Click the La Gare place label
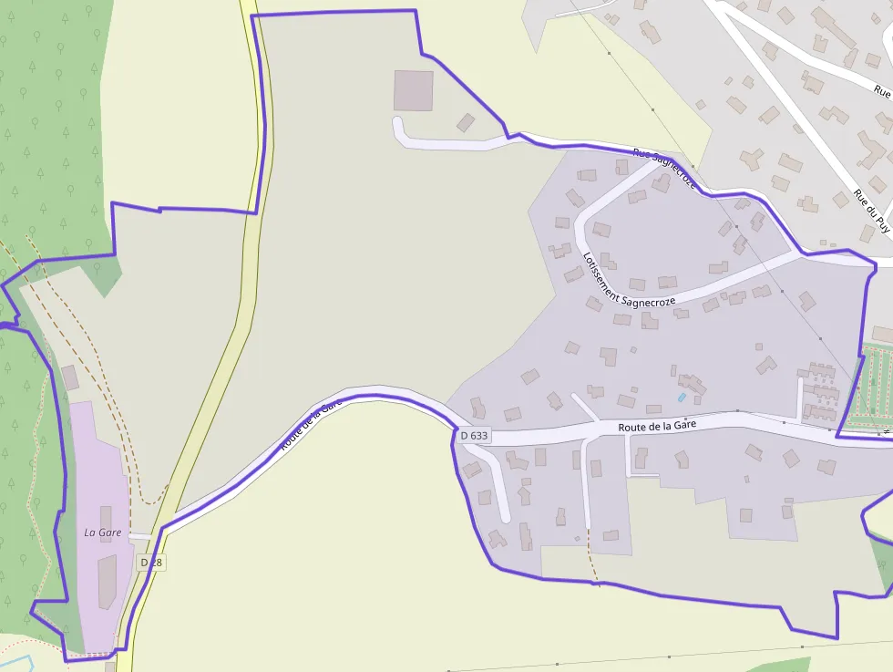pyautogui.click(x=103, y=532)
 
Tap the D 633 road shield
pyautogui.click(x=474, y=436)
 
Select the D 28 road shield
pyautogui.click(x=151, y=563)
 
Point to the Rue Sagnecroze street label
pyautogui.click(x=665, y=170)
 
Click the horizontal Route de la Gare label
pyautogui.click(x=656, y=426)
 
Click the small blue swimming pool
pyautogui.click(x=681, y=398)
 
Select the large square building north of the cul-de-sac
pyautogui.click(x=413, y=90)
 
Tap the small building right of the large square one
pyautogui.click(x=466, y=122)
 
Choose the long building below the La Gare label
pyautogui.click(x=108, y=580)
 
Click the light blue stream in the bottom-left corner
pyautogui.click(x=18, y=659)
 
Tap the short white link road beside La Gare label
pyautogui.click(x=139, y=536)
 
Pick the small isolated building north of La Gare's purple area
pyautogui.click(x=70, y=377)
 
